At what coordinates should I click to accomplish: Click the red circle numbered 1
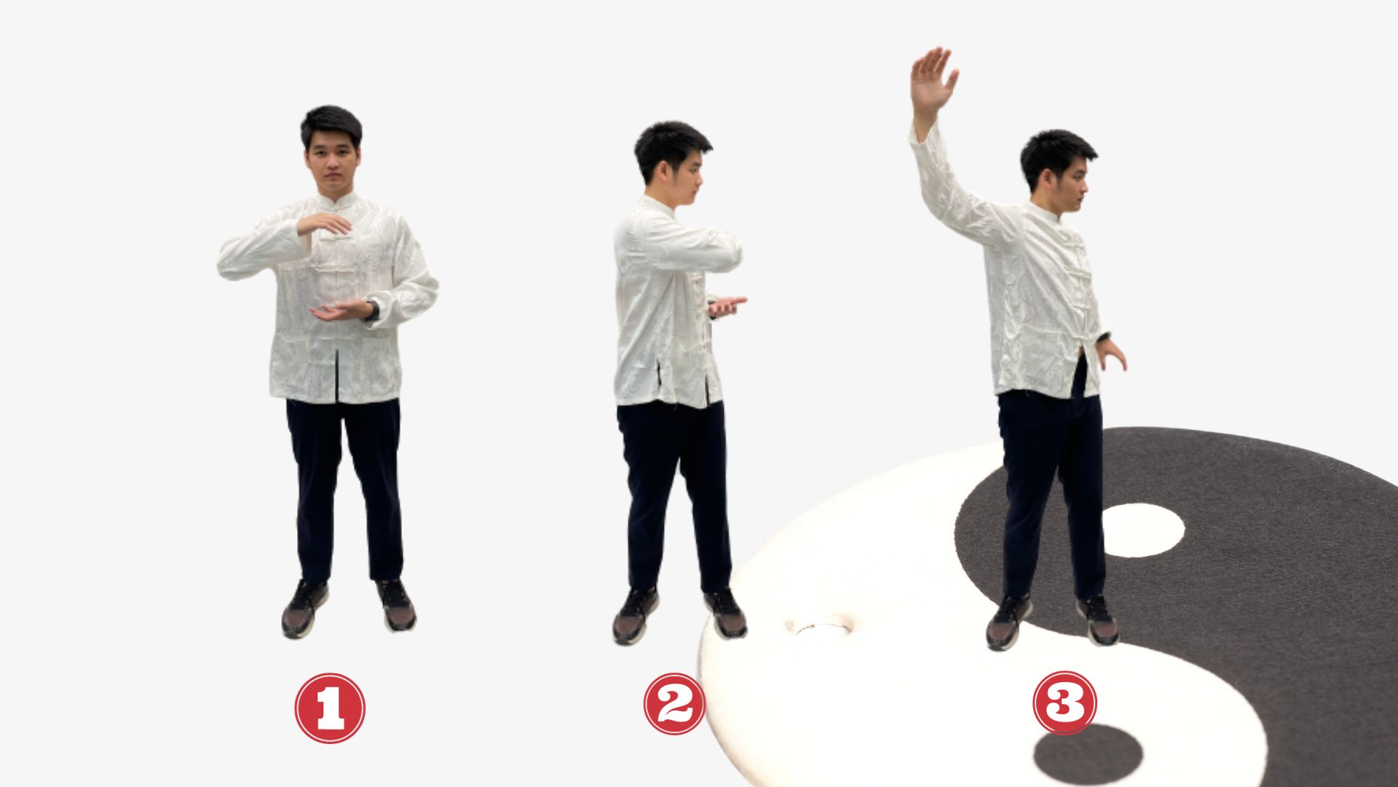coord(330,708)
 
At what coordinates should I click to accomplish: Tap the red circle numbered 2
coord(674,703)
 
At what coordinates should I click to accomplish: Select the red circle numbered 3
coord(1065,703)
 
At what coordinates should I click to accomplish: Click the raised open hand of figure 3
coord(933,81)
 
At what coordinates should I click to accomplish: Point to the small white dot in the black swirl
coord(1142,530)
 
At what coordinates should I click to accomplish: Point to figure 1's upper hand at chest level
coord(325,224)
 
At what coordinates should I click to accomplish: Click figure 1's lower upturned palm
coord(341,311)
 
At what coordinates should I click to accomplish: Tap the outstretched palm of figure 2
coord(727,306)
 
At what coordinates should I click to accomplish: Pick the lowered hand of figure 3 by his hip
coord(1112,353)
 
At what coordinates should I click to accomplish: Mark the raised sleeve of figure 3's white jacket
coord(954,191)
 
